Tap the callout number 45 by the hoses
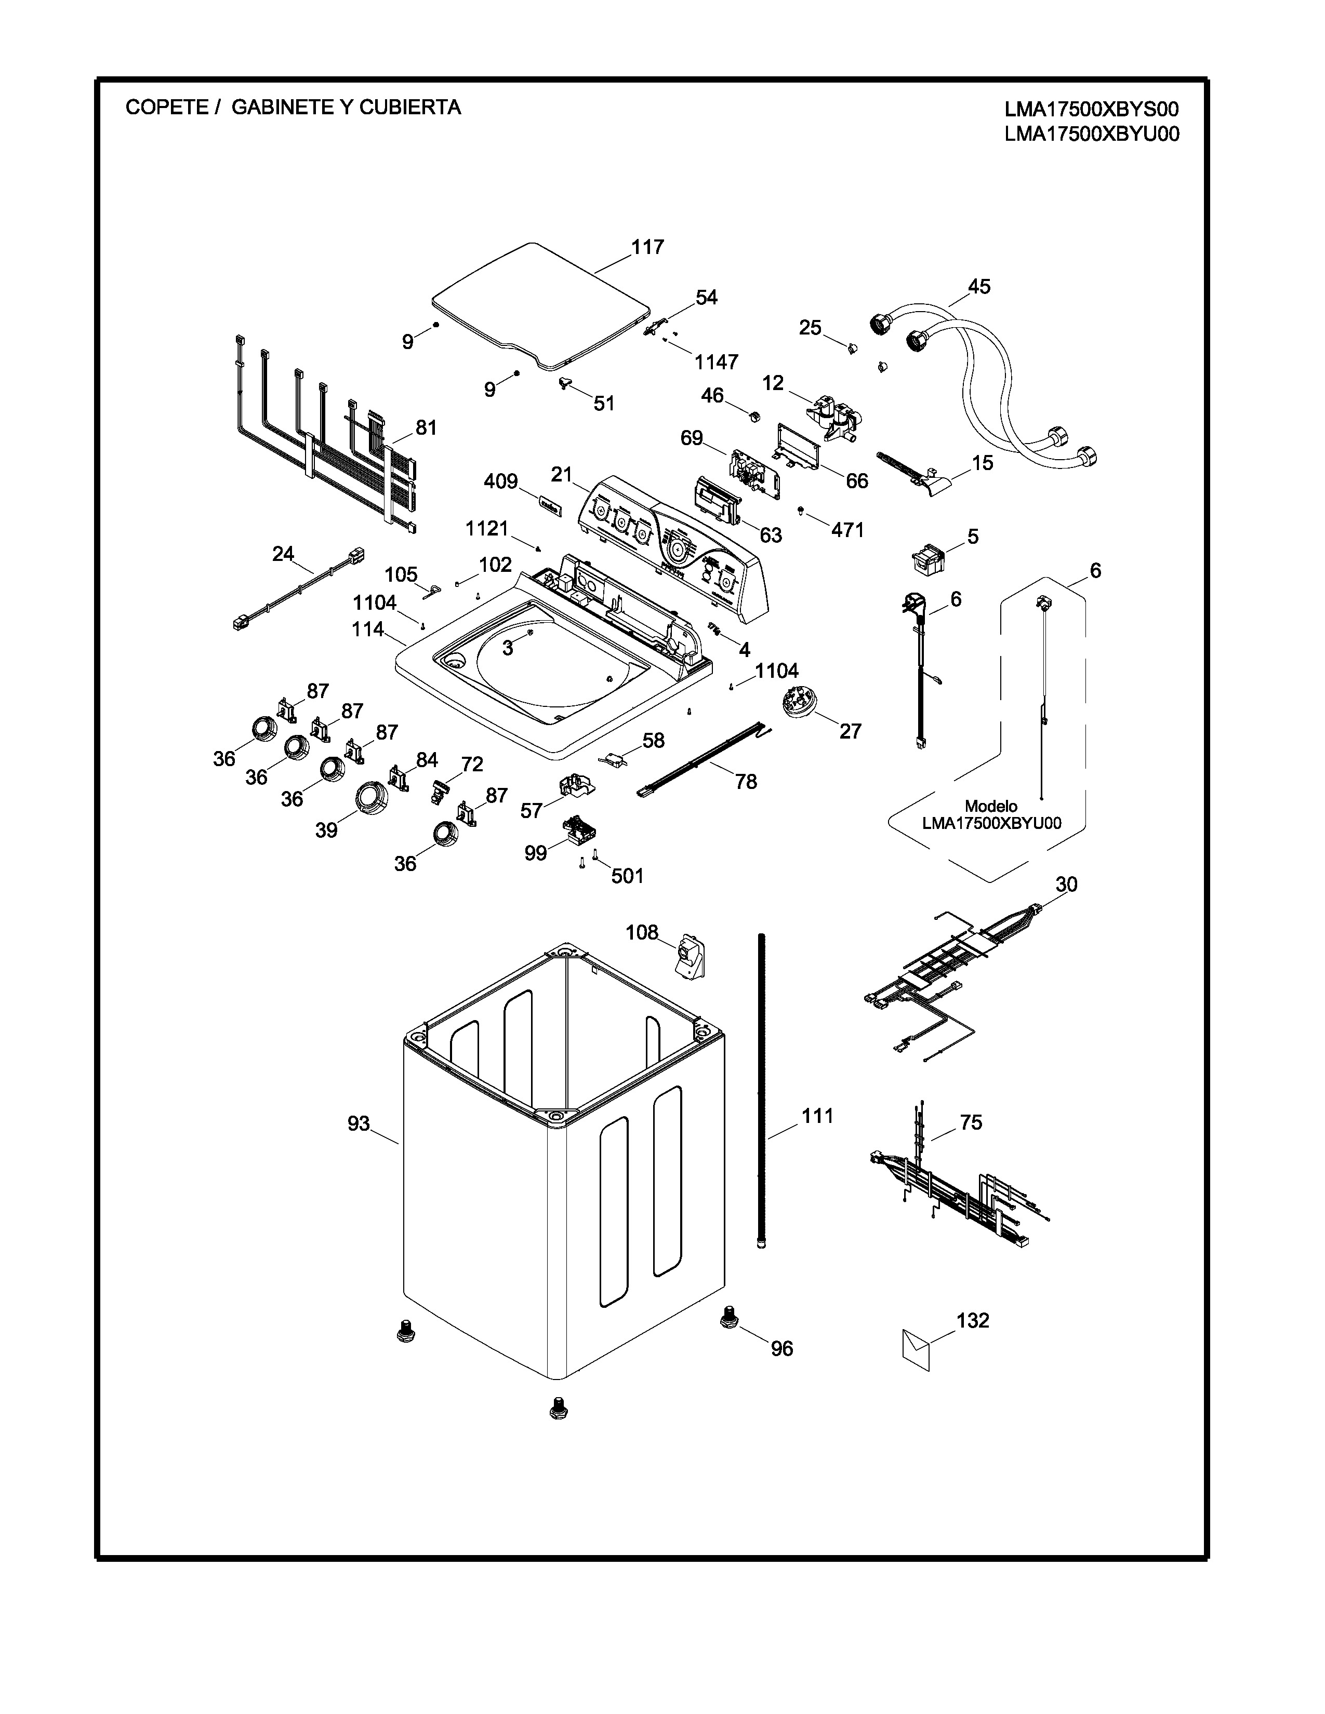[979, 287]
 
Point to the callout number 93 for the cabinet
[359, 1124]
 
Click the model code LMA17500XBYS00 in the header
[1092, 109]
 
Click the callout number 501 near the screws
[627, 876]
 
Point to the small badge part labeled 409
[549, 505]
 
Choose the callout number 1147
[716, 362]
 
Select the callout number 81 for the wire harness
[426, 427]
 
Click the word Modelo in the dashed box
[990, 806]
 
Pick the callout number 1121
[487, 529]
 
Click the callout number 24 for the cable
[283, 554]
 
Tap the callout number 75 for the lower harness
[971, 1122]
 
